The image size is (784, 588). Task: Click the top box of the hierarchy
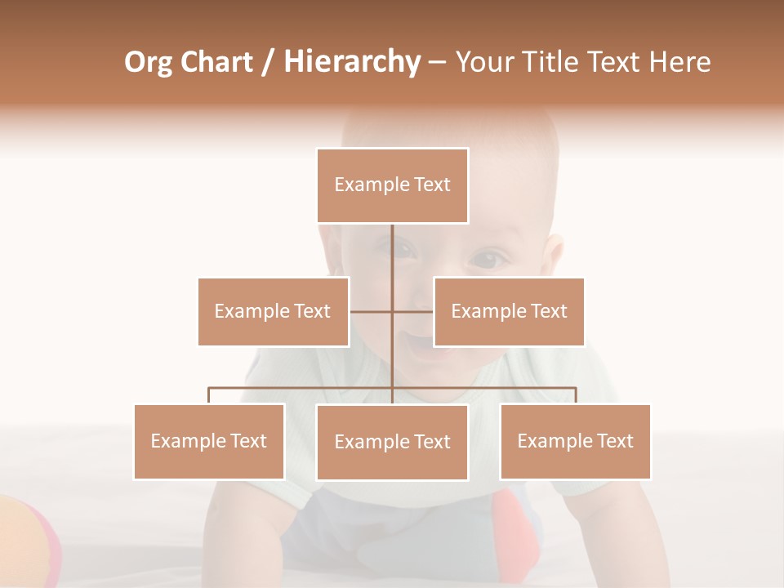click(392, 185)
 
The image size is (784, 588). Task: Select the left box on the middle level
click(273, 311)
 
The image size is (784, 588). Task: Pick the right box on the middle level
click(509, 311)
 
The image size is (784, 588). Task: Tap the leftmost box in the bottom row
click(209, 441)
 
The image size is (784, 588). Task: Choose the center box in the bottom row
click(392, 442)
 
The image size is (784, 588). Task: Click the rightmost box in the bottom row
click(575, 441)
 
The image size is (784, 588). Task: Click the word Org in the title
click(147, 62)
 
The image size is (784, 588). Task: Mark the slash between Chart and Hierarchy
click(268, 62)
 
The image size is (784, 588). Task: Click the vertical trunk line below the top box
click(392, 253)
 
